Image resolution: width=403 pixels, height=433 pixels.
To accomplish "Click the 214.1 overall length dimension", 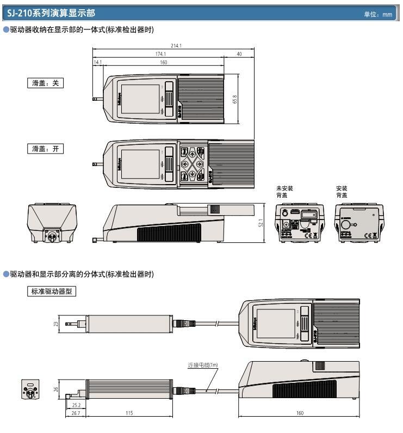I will (x=176, y=46).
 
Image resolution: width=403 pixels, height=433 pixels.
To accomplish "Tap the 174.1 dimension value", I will (x=160, y=54).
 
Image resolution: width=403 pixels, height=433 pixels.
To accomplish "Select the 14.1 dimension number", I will (x=98, y=62).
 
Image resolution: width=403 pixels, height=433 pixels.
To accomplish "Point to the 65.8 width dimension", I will (x=234, y=101).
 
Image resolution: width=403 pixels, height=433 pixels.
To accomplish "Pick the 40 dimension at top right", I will (x=239, y=54).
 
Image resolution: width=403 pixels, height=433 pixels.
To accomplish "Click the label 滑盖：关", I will (x=46, y=83).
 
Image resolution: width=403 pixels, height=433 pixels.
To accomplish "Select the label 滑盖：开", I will (x=46, y=149).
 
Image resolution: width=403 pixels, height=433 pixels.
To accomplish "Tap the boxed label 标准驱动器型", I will (x=52, y=291).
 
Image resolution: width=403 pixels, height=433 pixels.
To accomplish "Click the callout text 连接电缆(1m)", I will (x=203, y=365).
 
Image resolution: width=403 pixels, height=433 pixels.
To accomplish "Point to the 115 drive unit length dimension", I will (x=129, y=413).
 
